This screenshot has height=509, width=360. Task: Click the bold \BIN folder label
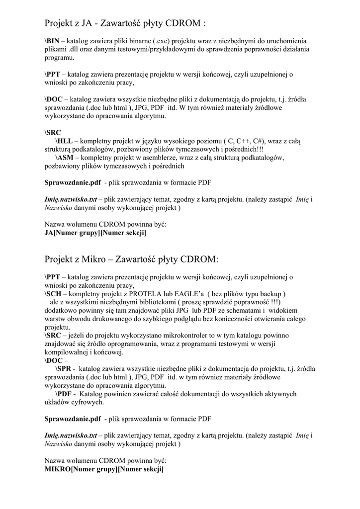point(53,41)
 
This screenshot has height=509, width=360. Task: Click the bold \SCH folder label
point(53,293)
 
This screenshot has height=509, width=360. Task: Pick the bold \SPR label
point(65,368)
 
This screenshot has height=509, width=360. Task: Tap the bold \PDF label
point(65,394)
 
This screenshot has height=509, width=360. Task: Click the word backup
point(268,293)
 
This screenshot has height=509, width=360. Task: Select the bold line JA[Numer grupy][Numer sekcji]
point(95,233)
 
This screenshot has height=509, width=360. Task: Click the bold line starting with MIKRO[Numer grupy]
point(104,468)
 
